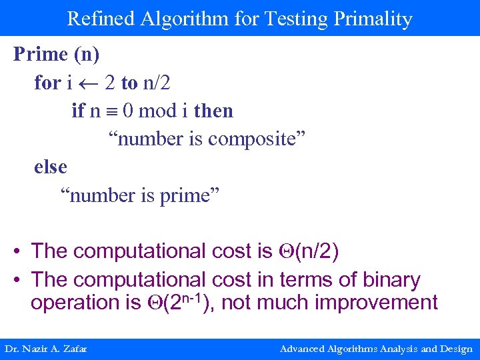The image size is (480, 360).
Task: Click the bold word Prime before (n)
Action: [x=40, y=54]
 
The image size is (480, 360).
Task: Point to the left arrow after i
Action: [x=89, y=83]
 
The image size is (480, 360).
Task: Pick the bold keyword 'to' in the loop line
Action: [x=129, y=83]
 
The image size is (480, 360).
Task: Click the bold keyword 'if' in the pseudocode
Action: [x=78, y=111]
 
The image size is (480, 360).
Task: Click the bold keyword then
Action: [x=213, y=111]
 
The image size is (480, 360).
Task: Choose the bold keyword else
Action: [x=51, y=167]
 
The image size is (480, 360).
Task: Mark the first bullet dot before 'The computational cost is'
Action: [x=17, y=251]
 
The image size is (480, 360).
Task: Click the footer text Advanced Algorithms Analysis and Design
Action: [x=376, y=349]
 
